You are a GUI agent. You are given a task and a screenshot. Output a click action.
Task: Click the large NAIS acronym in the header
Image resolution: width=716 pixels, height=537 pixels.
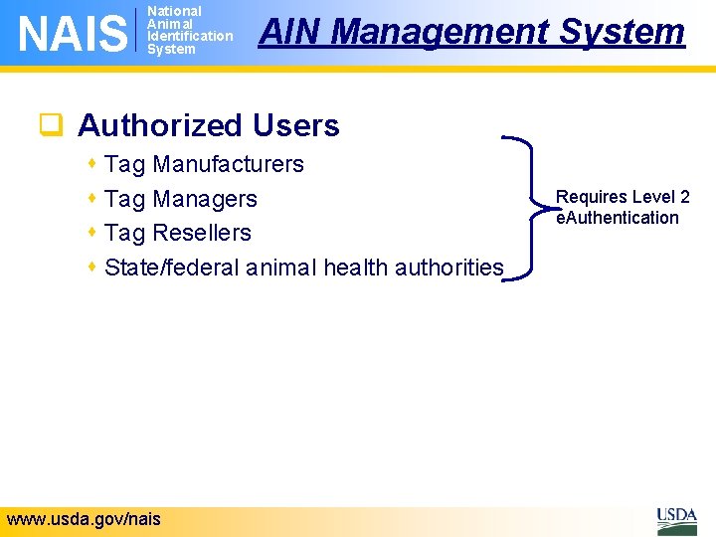(74, 32)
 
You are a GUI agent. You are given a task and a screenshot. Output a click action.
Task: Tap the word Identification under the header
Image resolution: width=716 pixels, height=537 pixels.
(189, 36)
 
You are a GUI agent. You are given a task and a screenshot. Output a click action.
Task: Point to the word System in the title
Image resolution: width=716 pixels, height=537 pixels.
(622, 32)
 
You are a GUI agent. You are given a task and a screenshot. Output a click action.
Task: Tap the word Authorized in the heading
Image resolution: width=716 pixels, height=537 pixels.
(160, 126)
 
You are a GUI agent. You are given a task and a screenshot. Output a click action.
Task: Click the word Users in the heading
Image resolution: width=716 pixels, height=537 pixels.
(295, 126)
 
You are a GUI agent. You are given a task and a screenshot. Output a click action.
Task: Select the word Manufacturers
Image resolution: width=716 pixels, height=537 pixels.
(228, 164)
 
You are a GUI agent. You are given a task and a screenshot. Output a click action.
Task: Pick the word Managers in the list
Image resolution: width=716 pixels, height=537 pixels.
(204, 199)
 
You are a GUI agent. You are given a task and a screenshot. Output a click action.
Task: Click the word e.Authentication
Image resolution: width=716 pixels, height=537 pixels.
(618, 218)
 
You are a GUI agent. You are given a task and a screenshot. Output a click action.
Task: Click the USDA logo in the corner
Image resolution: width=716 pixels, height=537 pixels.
(676, 519)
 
